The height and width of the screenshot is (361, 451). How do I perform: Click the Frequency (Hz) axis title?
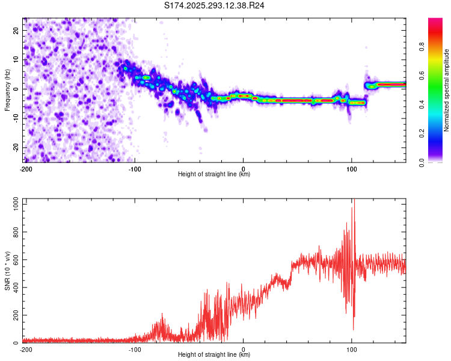7,90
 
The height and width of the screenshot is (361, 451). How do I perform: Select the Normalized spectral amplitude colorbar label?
447,90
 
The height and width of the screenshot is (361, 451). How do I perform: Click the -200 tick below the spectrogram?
25,168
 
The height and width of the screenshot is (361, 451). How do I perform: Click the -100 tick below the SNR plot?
134,349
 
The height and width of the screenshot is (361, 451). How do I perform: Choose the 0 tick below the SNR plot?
243,349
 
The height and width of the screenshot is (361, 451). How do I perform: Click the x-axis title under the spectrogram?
214,174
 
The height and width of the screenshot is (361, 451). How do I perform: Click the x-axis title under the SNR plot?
214,355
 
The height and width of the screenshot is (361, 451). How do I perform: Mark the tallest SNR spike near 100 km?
354,202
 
